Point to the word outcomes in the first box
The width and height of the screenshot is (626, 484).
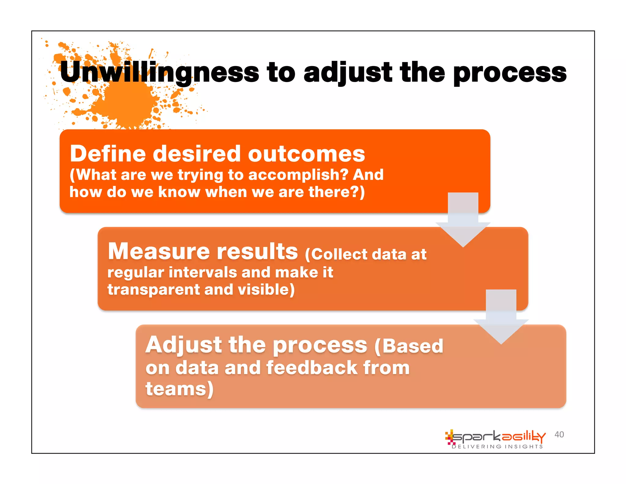[306, 154]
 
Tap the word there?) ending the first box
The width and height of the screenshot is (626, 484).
[337, 192]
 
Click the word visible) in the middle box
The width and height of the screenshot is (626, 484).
[266, 289]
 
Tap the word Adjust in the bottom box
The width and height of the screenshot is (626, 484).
[183, 345]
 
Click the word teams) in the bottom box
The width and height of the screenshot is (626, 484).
[179, 389]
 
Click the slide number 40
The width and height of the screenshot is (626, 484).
[559, 434]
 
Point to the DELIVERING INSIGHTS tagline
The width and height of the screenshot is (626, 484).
[497, 447]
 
